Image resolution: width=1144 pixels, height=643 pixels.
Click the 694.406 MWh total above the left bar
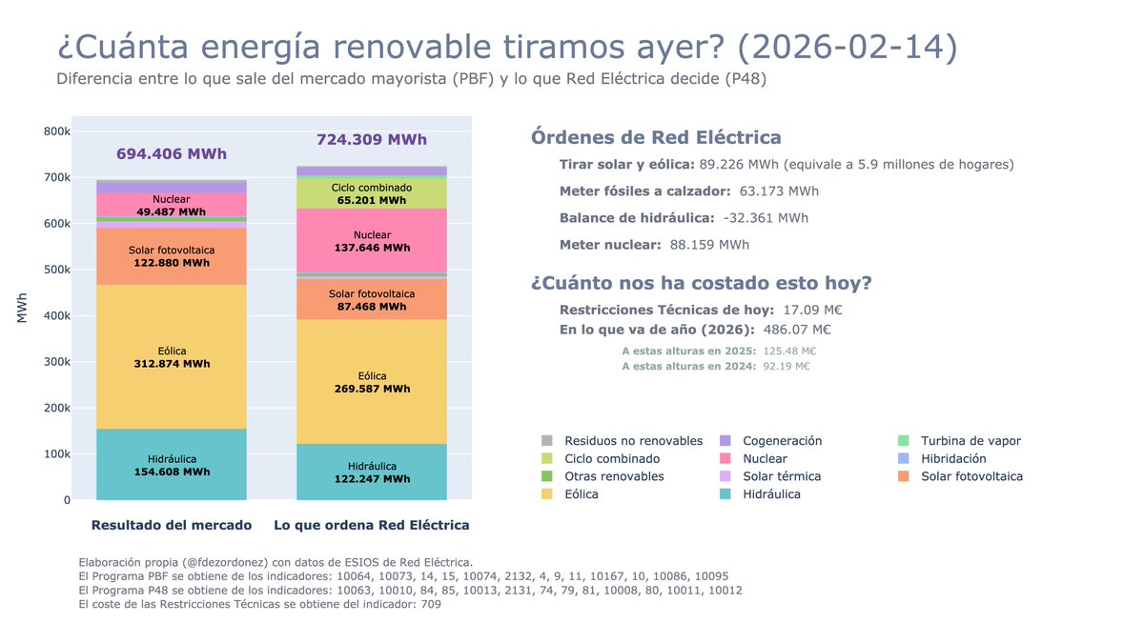(x=172, y=153)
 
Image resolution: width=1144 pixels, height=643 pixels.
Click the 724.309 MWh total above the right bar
(x=372, y=140)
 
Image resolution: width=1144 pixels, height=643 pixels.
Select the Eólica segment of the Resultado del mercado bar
(x=172, y=357)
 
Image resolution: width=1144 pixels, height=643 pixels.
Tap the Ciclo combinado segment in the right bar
(x=372, y=194)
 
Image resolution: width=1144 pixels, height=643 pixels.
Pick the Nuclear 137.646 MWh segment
(x=372, y=241)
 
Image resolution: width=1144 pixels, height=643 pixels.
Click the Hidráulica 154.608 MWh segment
(x=172, y=465)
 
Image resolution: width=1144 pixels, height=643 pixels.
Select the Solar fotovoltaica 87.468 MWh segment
(x=372, y=300)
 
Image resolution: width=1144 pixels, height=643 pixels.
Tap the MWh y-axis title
(x=22, y=308)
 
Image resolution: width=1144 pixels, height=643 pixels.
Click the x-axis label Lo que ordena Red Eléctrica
(x=372, y=525)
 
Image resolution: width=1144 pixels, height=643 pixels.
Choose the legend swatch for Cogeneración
(x=725, y=441)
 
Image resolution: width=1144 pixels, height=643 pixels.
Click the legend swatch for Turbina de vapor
(x=903, y=441)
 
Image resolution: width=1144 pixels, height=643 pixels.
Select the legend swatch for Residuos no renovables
(x=546, y=441)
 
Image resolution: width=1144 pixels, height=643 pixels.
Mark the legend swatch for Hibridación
(x=903, y=459)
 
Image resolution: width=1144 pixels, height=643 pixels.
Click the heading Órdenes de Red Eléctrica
(x=656, y=137)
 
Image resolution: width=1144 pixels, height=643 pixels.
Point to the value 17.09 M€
(x=812, y=310)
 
